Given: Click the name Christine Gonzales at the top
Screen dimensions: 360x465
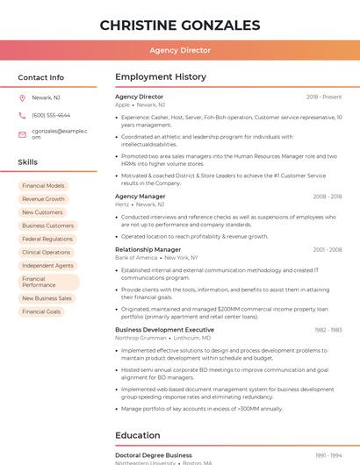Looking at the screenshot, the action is pos(180,25).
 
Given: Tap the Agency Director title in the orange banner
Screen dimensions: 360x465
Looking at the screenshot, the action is pos(180,50).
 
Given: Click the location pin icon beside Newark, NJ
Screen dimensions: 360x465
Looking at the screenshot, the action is pos(22,97).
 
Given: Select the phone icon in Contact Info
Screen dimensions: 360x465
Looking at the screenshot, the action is pos(22,115).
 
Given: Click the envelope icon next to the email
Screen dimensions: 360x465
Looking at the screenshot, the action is pos(22,134).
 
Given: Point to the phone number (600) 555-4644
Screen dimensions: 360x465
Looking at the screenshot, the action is pos(51,115).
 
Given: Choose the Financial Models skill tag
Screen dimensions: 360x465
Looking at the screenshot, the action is pos(43,186).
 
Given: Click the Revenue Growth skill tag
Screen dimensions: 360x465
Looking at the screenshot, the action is pos(43,199).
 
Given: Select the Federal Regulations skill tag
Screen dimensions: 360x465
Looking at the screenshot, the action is pos(47,239).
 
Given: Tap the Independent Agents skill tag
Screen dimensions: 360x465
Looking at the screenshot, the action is pos(47,265).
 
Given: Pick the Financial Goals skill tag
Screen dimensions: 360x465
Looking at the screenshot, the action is pos(41,311).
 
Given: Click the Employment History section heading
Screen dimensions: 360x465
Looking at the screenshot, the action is pos(161,77).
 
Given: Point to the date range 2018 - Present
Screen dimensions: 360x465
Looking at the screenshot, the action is pos(324,97).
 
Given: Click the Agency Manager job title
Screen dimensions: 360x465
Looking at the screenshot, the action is pos(140,197).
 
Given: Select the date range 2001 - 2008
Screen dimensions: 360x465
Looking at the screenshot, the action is pos(328,249).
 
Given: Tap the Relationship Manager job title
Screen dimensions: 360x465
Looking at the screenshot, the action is pos(148,249).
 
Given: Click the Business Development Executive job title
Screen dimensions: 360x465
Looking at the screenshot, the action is pos(164,330).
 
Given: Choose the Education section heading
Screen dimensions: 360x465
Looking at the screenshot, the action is pos(138,435).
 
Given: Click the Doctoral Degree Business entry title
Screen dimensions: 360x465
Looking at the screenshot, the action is pos(154,455).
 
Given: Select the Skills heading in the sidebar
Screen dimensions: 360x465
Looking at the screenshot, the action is pos(28,162).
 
